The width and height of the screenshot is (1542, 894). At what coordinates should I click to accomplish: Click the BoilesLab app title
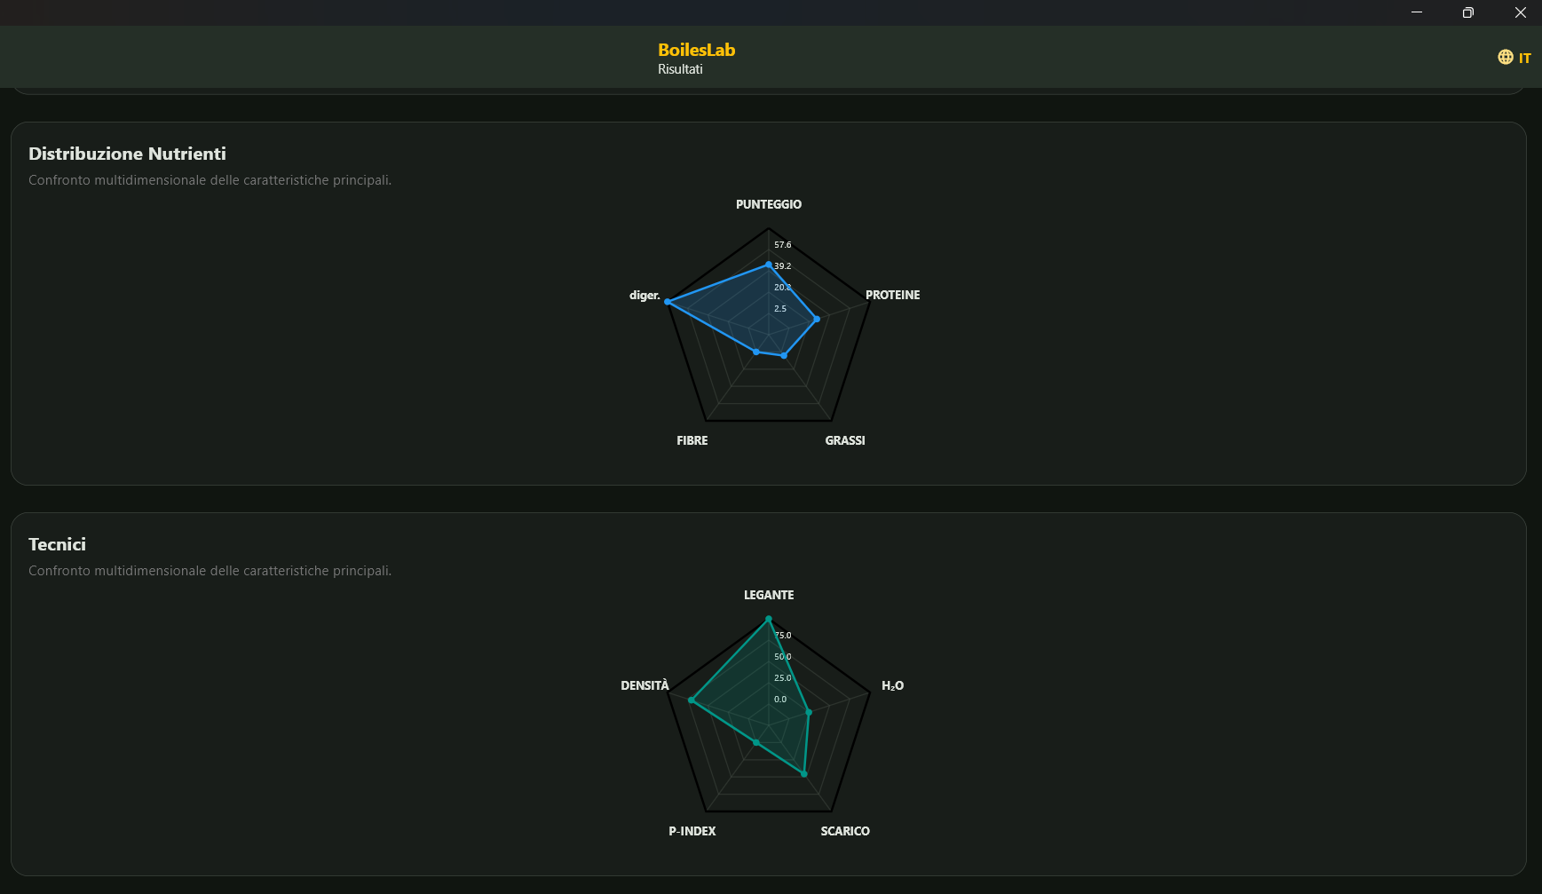tap(696, 50)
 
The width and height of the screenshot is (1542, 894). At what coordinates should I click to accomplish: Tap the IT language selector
tap(1514, 58)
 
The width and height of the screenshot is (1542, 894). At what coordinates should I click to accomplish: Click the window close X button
tap(1520, 12)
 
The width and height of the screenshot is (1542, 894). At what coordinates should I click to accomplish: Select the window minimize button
tap(1417, 12)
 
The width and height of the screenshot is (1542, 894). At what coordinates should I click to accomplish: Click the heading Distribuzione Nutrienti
tap(127, 154)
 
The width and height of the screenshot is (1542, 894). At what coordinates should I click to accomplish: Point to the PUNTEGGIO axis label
tap(769, 204)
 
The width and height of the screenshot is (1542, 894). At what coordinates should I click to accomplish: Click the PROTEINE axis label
tap(892, 295)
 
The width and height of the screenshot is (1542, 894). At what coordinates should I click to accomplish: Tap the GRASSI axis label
tap(845, 440)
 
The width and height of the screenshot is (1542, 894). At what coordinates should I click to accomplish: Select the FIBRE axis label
tap(692, 440)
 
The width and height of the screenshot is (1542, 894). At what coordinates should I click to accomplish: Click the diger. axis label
tap(644, 296)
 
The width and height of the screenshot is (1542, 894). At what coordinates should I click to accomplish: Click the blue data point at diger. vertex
tap(668, 302)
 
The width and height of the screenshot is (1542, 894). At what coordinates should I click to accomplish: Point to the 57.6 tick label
tap(782, 245)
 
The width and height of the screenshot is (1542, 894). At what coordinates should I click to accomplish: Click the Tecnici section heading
tap(57, 544)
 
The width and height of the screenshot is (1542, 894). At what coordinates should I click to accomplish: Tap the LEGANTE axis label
tap(769, 595)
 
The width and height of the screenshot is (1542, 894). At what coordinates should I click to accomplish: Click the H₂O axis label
tap(892, 685)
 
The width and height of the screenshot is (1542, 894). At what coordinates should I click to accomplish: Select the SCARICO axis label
tap(845, 831)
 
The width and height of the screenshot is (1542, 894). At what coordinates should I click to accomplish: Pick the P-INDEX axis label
tap(692, 831)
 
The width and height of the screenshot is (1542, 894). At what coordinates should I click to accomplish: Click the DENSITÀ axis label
tap(645, 685)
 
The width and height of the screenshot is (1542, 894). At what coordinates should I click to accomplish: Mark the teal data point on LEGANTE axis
tap(769, 618)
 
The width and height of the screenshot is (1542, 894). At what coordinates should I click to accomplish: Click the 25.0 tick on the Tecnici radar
tap(782, 678)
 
